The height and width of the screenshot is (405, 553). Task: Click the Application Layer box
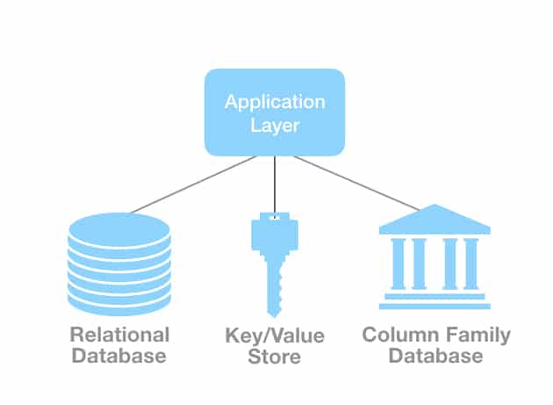click(x=275, y=112)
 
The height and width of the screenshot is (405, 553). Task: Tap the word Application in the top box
click(x=275, y=101)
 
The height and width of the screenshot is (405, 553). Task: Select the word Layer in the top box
click(x=275, y=126)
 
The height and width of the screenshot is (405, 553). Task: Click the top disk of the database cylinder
click(x=118, y=228)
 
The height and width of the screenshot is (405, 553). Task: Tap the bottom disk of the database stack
click(x=118, y=303)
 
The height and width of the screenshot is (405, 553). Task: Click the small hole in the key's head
click(x=276, y=216)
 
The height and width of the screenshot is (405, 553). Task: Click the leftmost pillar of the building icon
click(x=395, y=264)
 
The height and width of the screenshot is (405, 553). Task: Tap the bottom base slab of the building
click(x=434, y=305)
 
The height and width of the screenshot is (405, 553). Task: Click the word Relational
click(x=118, y=335)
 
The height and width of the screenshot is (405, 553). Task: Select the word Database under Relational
click(x=118, y=356)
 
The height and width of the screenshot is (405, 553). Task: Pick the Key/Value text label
click(x=275, y=336)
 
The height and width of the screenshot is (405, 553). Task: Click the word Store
click(x=275, y=357)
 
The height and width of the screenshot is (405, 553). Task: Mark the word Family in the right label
click(x=477, y=335)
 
